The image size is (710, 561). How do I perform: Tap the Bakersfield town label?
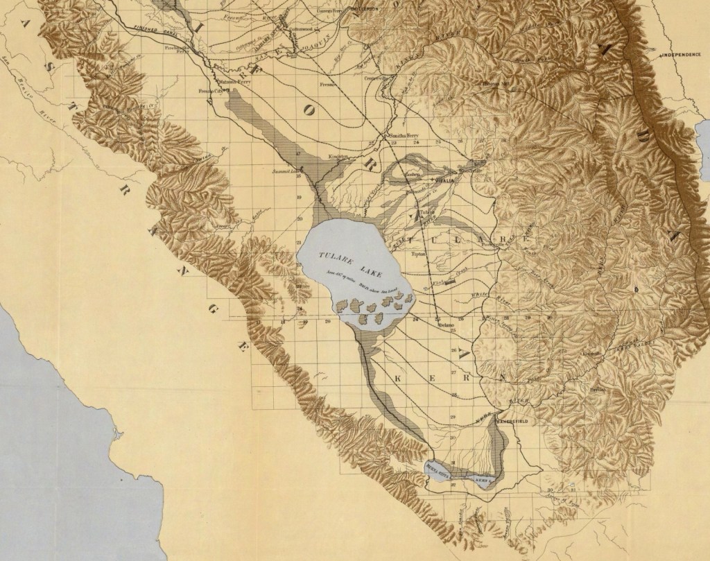[x=514, y=417]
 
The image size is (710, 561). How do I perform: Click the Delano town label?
[x=444, y=325]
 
